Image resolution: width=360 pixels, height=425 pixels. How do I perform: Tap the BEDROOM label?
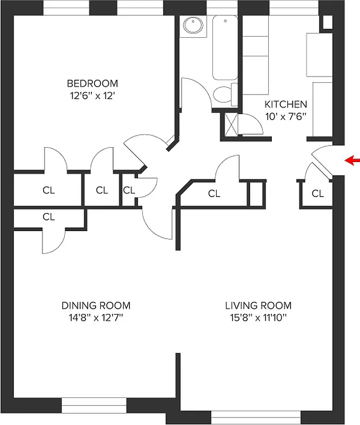click(92, 83)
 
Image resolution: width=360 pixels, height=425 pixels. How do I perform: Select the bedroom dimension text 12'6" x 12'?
click(92, 96)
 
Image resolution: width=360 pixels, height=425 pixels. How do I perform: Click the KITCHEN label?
click(286, 104)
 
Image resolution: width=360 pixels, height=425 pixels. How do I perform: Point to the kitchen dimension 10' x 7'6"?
click(286, 116)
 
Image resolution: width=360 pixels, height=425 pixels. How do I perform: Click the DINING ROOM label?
click(96, 305)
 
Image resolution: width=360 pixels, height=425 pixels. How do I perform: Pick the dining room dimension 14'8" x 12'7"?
click(96, 318)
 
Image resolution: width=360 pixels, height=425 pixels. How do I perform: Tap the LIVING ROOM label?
click(258, 305)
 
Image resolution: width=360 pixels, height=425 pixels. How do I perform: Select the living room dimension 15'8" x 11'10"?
click(258, 318)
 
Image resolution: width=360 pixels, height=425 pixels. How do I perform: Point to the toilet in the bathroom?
click(223, 95)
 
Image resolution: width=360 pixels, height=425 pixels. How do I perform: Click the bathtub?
click(225, 48)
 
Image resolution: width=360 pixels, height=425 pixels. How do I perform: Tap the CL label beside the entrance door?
click(318, 194)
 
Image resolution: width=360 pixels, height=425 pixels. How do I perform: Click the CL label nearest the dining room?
click(49, 216)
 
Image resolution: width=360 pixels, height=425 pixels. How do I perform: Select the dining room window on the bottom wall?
click(94, 405)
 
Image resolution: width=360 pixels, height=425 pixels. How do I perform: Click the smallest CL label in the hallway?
click(128, 190)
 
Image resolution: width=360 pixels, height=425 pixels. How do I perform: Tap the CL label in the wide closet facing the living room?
click(214, 194)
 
